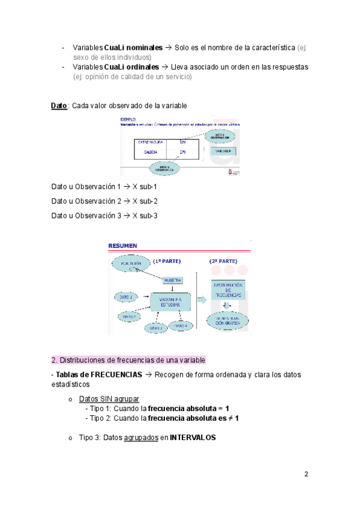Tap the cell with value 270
tap(182, 152)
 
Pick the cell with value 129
tap(182, 142)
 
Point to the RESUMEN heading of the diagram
tap(122, 245)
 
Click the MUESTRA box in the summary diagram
tap(172, 280)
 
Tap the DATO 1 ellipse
tap(126, 297)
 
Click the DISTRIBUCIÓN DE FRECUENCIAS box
tap(228, 289)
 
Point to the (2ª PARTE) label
tap(223, 262)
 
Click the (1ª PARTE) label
tap(166, 262)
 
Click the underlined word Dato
tap(59, 106)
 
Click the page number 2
tap(306, 474)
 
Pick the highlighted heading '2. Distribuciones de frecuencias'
tap(128, 360)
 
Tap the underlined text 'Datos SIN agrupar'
tap(109, 399)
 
